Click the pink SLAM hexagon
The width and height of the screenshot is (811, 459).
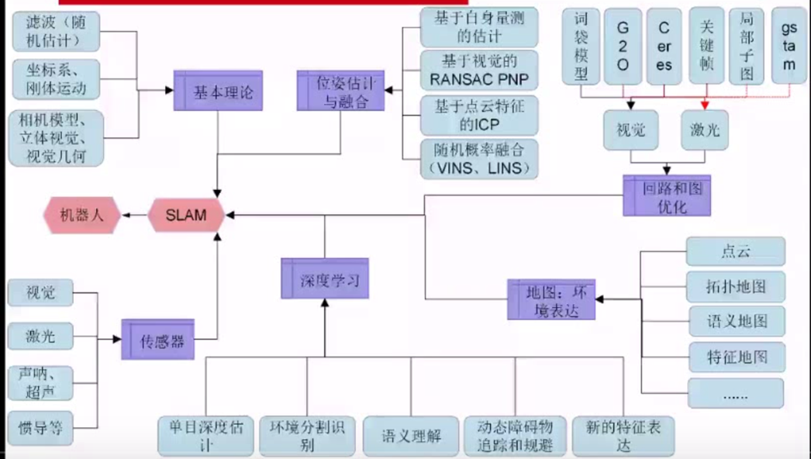point(186,215)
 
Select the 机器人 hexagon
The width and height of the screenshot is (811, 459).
point(82,215)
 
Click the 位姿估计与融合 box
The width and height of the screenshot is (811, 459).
point(341,91)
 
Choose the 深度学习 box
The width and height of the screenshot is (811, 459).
point(324,278)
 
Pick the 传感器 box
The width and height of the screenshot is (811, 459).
point(157,340)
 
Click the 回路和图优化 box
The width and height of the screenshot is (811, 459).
point(665,195)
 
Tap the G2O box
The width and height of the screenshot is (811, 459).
point(623,47)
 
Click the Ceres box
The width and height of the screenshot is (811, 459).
point(664,47)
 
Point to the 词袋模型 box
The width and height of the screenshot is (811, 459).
point(581,47)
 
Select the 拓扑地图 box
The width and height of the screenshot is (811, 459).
point(736,286)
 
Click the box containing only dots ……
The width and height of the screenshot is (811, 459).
point(736,393)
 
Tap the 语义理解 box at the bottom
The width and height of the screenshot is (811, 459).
point(411,435)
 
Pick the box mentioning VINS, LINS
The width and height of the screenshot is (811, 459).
point(478,158)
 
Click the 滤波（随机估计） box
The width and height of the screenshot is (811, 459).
point(46,31)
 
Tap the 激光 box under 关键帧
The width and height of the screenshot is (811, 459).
point(705,129)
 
